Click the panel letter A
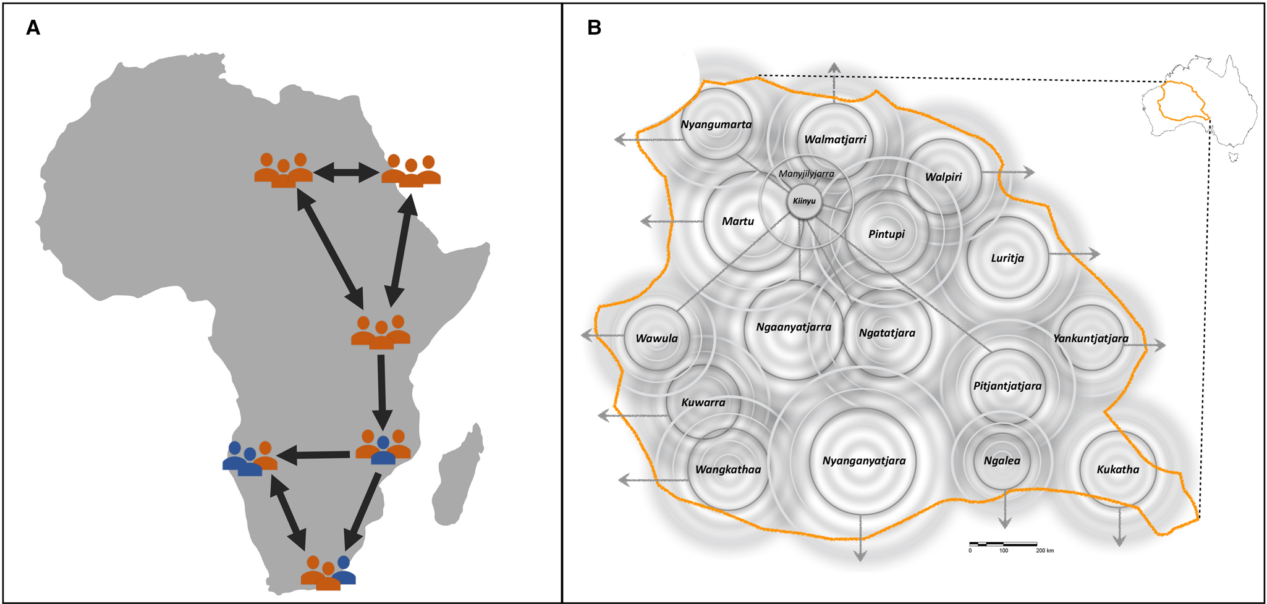33,28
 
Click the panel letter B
594,28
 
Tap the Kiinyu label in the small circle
804,201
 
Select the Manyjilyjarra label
806,174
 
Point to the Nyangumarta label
716,124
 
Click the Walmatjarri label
835,140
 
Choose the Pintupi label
886,234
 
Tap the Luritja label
1007,258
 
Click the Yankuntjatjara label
1091,338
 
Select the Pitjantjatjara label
1007,386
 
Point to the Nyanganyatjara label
863,461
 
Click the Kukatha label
1117,469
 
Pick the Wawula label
656,338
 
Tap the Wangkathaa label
728,469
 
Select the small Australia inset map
1199,108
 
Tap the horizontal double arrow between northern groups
346,174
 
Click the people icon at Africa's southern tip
328,573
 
